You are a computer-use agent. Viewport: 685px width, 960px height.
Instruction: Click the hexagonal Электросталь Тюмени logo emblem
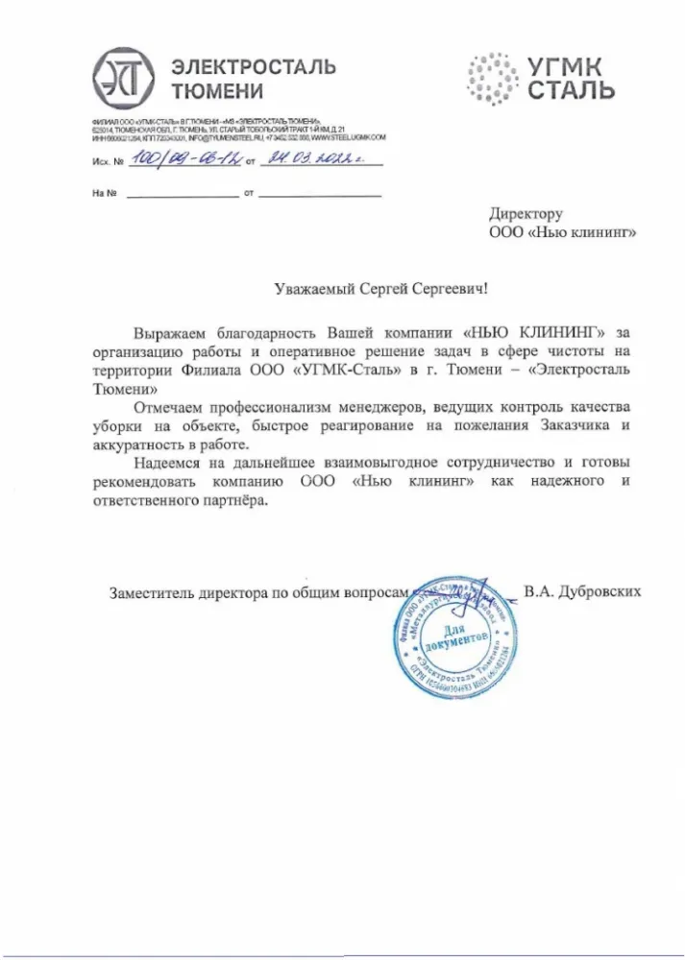click(124, 79)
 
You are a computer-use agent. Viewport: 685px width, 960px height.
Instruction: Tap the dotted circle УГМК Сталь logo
click(494, 79)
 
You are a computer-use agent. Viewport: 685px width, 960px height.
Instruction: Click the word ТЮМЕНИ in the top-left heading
click(216, 92)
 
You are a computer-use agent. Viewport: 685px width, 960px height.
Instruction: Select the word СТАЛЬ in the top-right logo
click(572, 92)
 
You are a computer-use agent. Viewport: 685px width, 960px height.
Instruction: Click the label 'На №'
click(105, 195)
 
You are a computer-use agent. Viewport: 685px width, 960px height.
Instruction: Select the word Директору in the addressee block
click(526, 214)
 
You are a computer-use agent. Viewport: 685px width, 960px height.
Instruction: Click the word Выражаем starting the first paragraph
click(175, 332)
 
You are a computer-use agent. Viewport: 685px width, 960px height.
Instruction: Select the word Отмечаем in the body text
click(173, 407)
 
